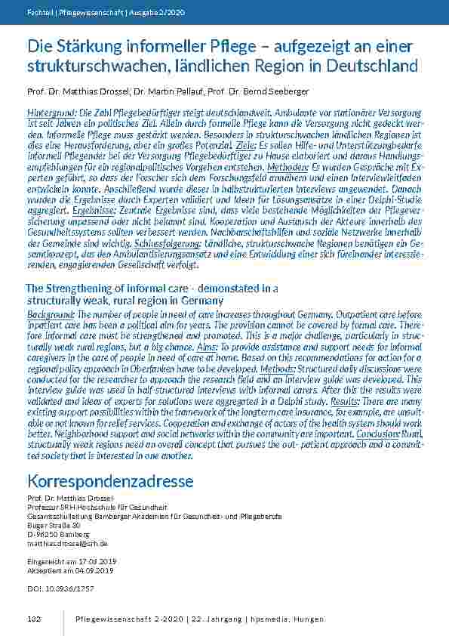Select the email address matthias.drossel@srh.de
click(66, 543)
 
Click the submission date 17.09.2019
click(83, 561)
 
